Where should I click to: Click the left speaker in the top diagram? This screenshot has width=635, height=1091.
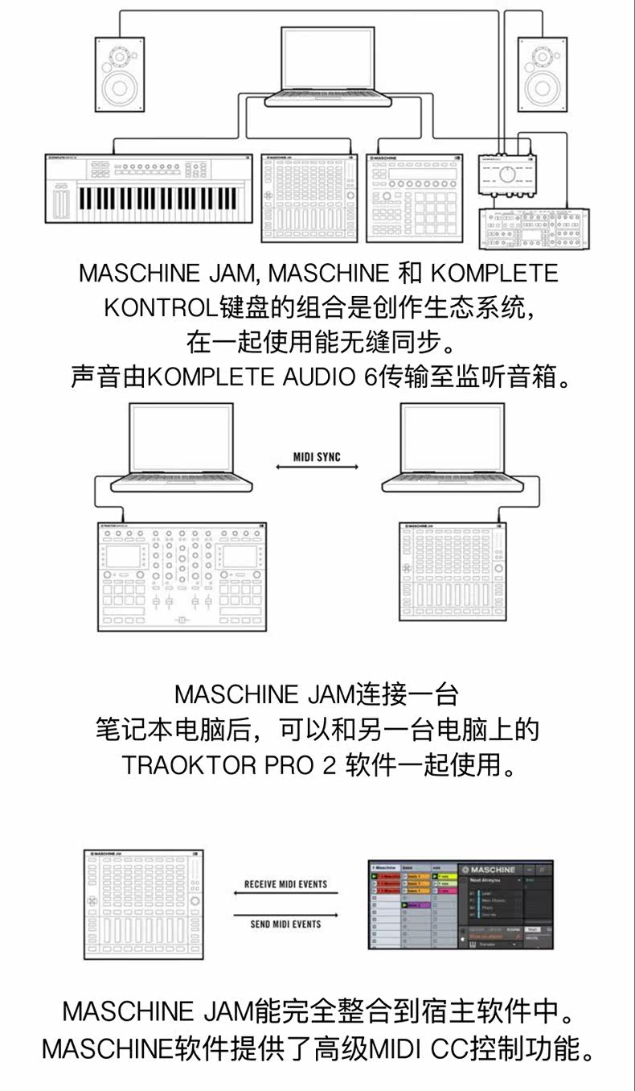click(121, 74)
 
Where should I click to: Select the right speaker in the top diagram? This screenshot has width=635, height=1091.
click(543, 74)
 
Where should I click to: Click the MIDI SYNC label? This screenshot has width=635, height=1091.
click(317, 457)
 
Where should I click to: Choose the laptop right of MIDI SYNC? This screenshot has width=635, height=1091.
click(453, 447)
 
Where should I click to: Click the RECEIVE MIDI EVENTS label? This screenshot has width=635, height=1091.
click(285, 884)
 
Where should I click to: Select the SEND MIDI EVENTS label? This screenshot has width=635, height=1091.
click(285, 924)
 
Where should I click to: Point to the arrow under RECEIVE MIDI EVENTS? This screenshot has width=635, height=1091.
click(285, 894)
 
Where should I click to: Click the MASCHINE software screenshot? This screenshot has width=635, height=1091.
click(461, 904)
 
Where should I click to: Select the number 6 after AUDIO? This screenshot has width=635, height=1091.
click(371, 377)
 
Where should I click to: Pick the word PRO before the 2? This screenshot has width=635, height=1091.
click(290, 764)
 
